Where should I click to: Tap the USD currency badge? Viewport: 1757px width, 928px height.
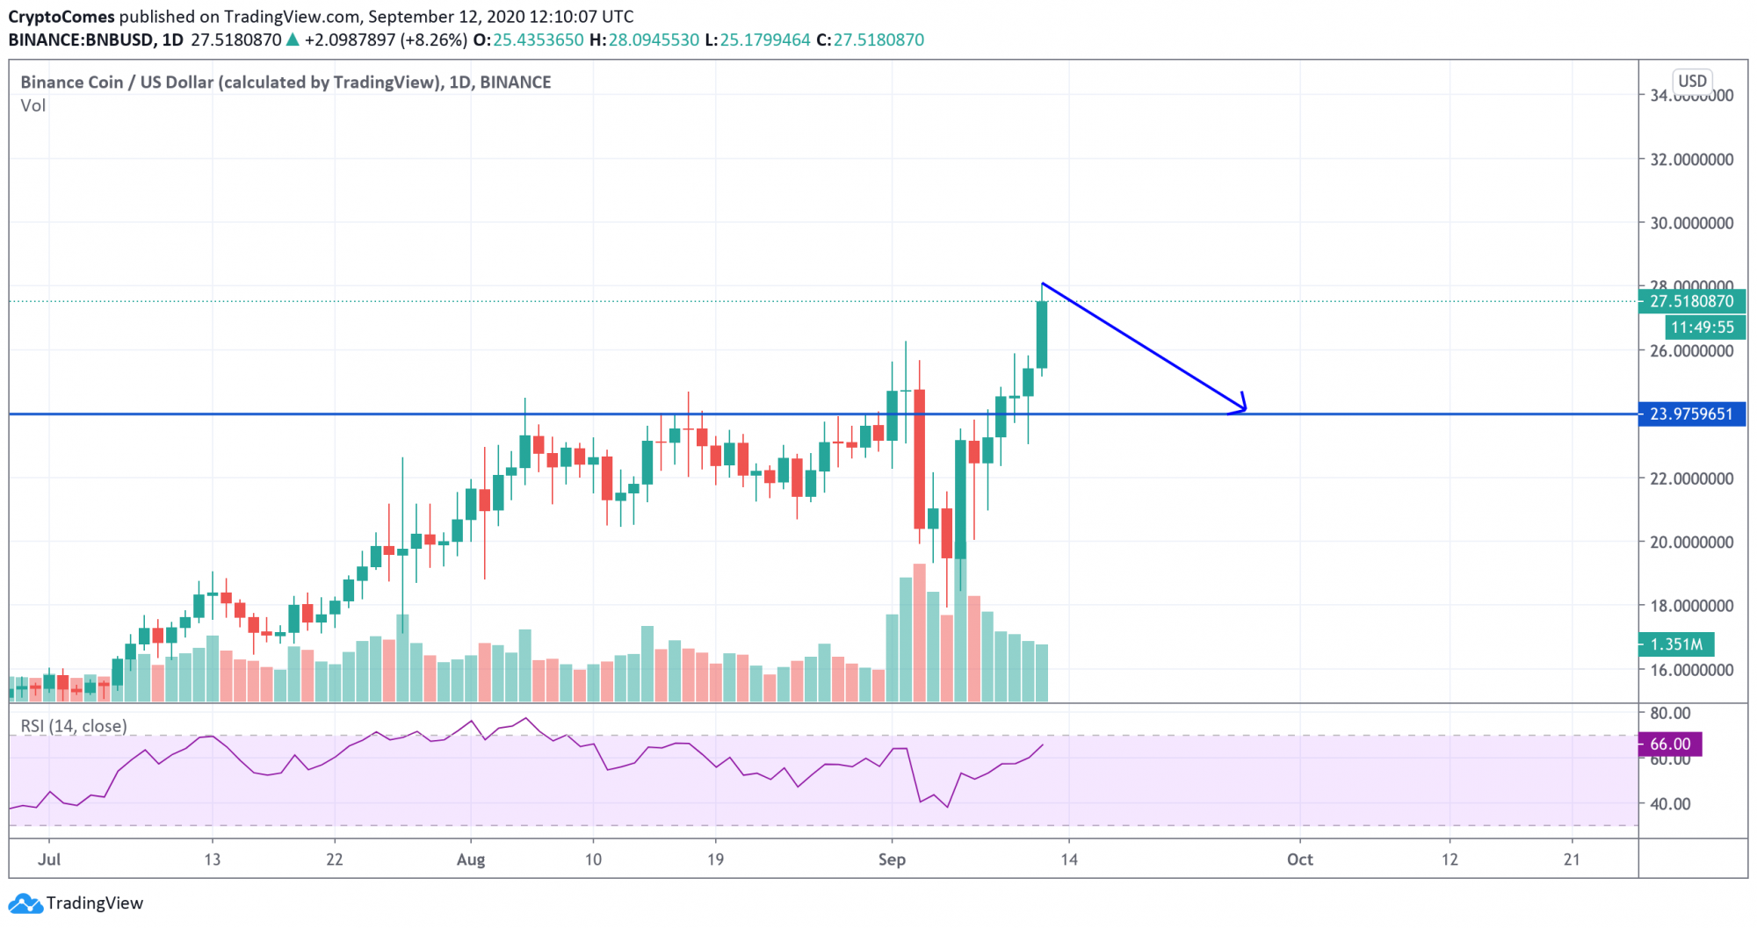click(1692, 81)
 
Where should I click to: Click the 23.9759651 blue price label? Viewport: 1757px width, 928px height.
click(1691, 414)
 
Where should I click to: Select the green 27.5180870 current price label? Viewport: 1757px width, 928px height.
click(1691, 301)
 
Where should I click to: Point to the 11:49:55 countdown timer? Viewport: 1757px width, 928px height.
click(1703, 327)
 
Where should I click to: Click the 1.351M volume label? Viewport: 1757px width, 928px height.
click(1676, 644)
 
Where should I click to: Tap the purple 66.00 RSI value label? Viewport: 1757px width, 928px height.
click(1670, 745)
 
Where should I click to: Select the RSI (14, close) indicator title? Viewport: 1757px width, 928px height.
click(74, 726)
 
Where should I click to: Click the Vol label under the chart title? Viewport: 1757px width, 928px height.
click(33, 105)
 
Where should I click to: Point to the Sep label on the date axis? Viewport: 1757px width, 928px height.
click(892, 860)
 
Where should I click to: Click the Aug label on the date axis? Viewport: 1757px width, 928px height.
click(471, 860)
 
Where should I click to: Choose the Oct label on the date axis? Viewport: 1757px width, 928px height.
click(1299, 860)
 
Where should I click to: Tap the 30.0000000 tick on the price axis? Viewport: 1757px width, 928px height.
click(1691, 223)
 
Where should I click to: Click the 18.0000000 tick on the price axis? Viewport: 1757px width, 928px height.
click(1691, 606)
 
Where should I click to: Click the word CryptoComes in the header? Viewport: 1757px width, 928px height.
click(61, 17)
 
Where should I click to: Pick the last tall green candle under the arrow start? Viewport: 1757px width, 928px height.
click(1042, 335)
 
